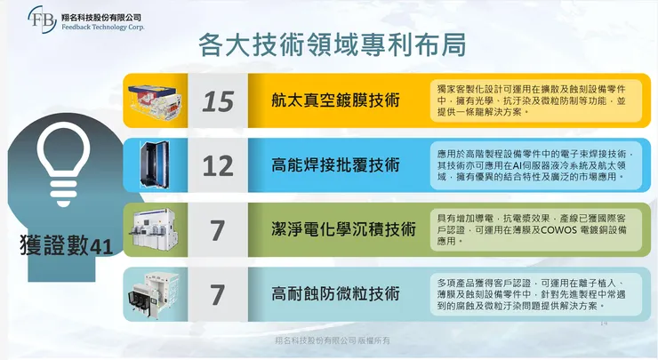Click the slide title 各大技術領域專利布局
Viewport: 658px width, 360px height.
(328, 44)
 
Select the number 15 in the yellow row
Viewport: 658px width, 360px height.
(218, 100)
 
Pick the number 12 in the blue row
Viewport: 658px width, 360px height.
(218, 165)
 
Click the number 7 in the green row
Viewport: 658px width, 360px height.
(218, 229)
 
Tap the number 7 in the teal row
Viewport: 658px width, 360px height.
(218, 293)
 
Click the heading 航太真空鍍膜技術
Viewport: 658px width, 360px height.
(335, 100)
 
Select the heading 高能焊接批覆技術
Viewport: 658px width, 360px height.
(335, 165)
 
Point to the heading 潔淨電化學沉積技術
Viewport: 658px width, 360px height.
(343, 229)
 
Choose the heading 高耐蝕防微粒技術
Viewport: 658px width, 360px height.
(335, 293)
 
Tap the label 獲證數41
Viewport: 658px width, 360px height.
(65, 246)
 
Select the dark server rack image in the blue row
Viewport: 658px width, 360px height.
(156, 165)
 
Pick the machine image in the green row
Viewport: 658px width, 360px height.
(156, 229)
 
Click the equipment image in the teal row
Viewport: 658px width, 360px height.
(156, 293)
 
